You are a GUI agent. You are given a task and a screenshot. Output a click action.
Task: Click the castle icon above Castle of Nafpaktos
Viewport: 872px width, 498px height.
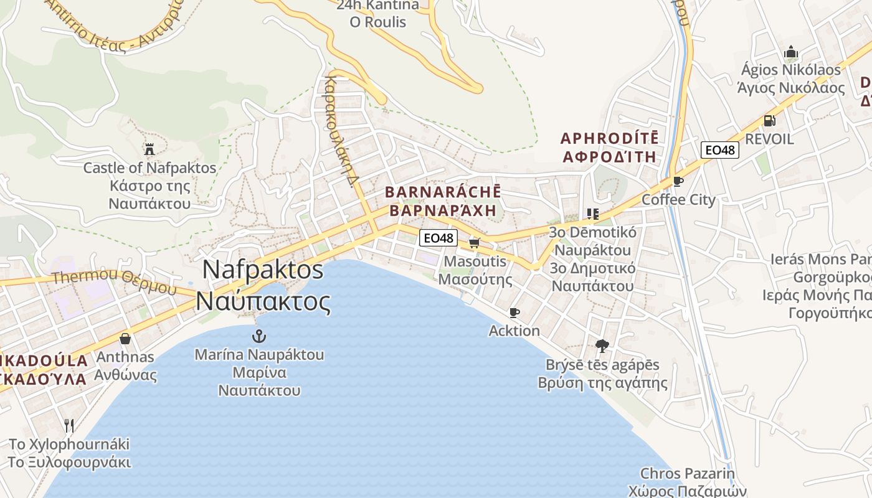[x=149, y=149]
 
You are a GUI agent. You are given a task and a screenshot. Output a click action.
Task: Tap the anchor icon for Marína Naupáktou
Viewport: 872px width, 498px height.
[x=258, y=337]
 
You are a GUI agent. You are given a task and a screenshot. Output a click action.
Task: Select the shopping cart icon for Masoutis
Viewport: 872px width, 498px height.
[x=474, y=243]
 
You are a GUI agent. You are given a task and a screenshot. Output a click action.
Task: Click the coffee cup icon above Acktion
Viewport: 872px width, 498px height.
[x=514, y=312]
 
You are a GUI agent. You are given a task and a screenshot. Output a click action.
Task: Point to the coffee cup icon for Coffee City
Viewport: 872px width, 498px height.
[x=678, y=182]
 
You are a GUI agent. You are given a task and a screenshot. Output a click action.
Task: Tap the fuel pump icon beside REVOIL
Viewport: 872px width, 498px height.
[x=769, y=121]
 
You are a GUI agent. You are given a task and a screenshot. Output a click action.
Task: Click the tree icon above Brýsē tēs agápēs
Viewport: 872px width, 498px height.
[x=602, y=346]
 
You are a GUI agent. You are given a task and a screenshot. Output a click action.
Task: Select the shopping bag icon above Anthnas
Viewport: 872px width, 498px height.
[x=125, y=339]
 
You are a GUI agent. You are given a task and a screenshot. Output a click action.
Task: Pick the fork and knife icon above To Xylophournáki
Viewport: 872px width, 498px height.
[x=69, y=426]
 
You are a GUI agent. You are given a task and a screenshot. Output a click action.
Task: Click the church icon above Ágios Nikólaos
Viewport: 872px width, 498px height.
[x=791, y=52]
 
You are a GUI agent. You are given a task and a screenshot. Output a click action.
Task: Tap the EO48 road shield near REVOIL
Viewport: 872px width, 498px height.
[x=719, y=150]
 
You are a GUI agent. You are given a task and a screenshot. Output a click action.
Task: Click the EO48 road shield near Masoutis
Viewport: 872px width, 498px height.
[x=438, y=238]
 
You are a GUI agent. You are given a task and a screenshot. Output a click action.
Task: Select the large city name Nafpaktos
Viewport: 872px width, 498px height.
[x=263, y=270]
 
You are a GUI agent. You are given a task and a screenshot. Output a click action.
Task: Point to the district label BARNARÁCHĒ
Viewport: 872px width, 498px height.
[x=443, y=192]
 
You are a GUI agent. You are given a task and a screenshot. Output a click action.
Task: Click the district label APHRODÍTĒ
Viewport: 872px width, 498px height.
[x=609, y=138]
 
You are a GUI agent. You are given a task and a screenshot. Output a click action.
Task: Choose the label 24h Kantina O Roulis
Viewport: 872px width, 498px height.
[x=378, y=14]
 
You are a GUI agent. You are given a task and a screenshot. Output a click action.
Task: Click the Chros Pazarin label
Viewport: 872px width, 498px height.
[x=688, y=474]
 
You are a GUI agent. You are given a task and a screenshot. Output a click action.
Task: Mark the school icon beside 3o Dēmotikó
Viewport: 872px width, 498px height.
[x=592, y=214]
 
